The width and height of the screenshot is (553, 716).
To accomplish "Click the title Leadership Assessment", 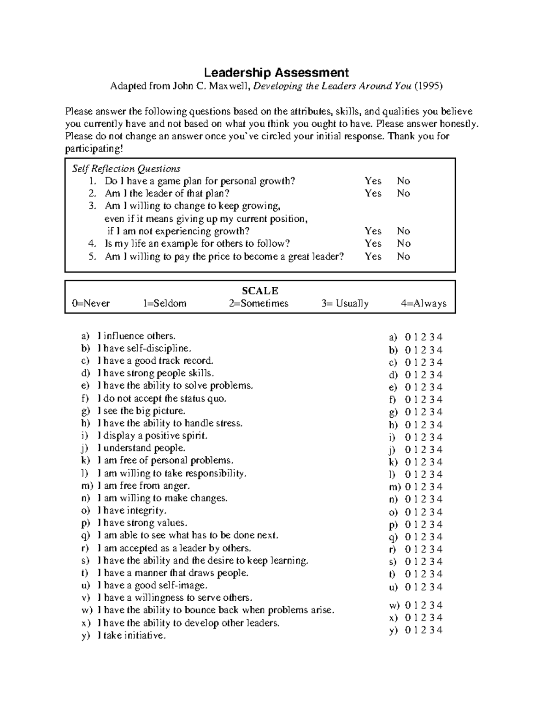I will coord(276,72).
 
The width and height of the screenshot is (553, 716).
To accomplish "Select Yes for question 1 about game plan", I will coord(373,181).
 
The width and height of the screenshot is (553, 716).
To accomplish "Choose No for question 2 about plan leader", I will coord(403,193).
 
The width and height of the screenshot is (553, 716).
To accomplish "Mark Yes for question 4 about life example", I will coord(373,243).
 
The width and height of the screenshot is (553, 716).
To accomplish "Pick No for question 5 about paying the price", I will coord(403,256).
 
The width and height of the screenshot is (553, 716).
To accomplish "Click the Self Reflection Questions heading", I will coord(126,168).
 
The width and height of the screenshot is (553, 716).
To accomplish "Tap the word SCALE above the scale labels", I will coord(260,290).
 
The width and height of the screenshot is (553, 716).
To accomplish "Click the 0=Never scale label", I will coord(91,303).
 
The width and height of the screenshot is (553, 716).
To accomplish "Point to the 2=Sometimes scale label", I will coord(258,303).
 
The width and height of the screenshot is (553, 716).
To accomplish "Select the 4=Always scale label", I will coord(424,303).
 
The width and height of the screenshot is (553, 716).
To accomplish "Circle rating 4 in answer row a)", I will coord(440,337).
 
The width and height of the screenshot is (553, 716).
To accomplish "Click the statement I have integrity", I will coord(132,510).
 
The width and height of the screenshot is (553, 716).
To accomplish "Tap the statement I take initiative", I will coord(131,635).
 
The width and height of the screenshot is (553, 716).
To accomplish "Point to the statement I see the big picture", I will coord(141,411).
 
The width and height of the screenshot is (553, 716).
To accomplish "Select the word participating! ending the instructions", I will coord(94,148).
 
